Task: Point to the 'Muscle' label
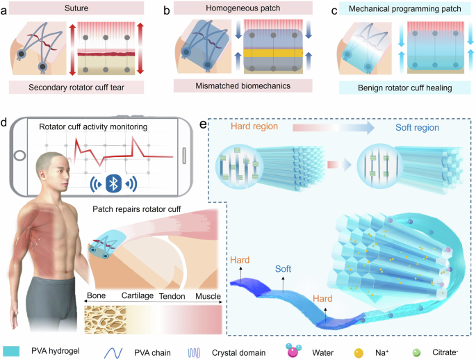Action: click(206, 297)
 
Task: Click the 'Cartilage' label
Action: click(135, 297)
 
